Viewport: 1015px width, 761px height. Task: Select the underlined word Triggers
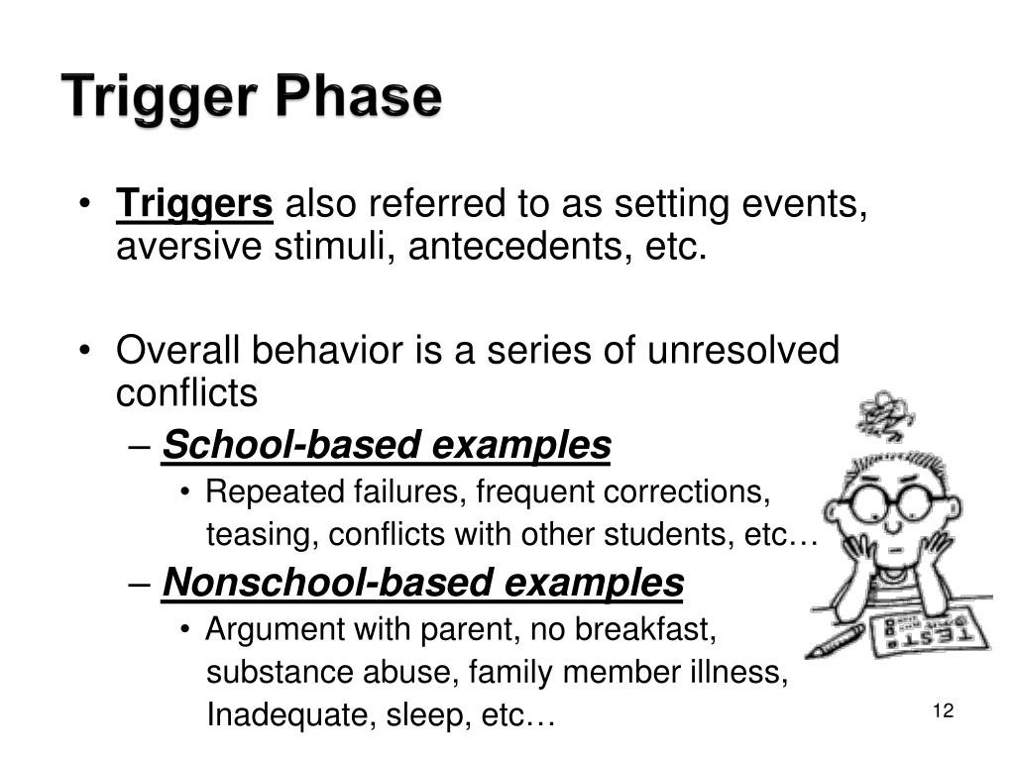pos(194,205)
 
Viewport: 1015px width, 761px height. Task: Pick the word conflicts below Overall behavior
pos(186,394)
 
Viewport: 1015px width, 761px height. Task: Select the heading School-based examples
pos(387,447)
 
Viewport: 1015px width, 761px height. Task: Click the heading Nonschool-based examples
pos(423,584)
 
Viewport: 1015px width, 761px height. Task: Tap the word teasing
pos(256,536)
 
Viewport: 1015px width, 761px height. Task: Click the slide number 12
pos(942,711)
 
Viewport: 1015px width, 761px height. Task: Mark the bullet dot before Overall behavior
pos(86,352)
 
